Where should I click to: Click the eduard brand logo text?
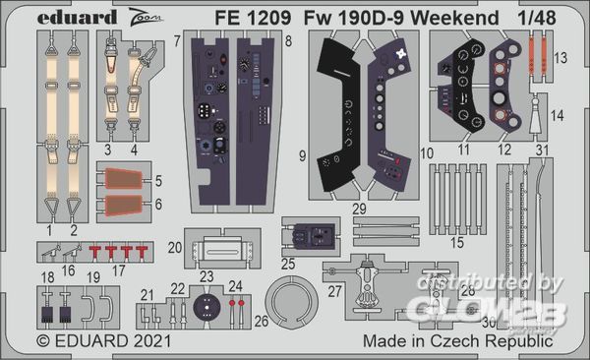(x=77, y=18)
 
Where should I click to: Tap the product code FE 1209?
(x=253, y=18)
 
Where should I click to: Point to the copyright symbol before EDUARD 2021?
(x=43, y=341)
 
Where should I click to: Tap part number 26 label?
(x=262, y=322)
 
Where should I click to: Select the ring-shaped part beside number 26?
(x=292, y=302)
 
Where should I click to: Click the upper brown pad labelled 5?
(x=124, y=179)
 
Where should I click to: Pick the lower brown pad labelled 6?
(x=124, y=206)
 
